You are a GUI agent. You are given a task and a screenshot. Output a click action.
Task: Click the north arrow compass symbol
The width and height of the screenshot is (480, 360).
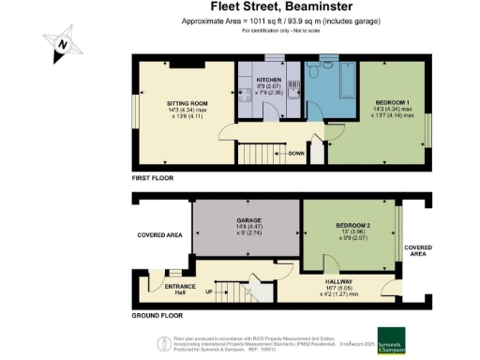click(61, 42)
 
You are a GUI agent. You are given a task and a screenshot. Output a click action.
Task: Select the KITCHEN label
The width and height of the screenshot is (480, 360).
click(269, 82)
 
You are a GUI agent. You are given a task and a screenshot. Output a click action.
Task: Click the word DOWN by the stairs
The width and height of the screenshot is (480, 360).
click(296, 153)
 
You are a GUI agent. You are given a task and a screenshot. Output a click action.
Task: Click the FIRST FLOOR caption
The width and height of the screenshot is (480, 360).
click(153, 176)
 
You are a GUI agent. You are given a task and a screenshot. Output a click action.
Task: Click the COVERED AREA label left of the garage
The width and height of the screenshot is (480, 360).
click(158, 236)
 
